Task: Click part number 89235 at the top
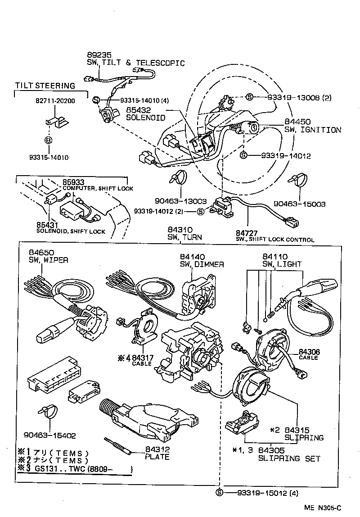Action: coord(99,55)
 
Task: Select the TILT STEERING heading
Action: coord(45,86)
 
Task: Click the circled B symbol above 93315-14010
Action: coord(49,140)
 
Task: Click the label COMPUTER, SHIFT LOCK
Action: coord(98,188)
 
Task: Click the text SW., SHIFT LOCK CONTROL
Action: coord(275,240)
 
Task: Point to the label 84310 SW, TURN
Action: coord(184,233)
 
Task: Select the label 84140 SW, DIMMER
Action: coord(201,260)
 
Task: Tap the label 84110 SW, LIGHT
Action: coord(281,260)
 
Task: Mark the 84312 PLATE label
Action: coord(157,453)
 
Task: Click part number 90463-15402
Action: coord(49,435)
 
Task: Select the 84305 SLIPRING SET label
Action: coord(289,454)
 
